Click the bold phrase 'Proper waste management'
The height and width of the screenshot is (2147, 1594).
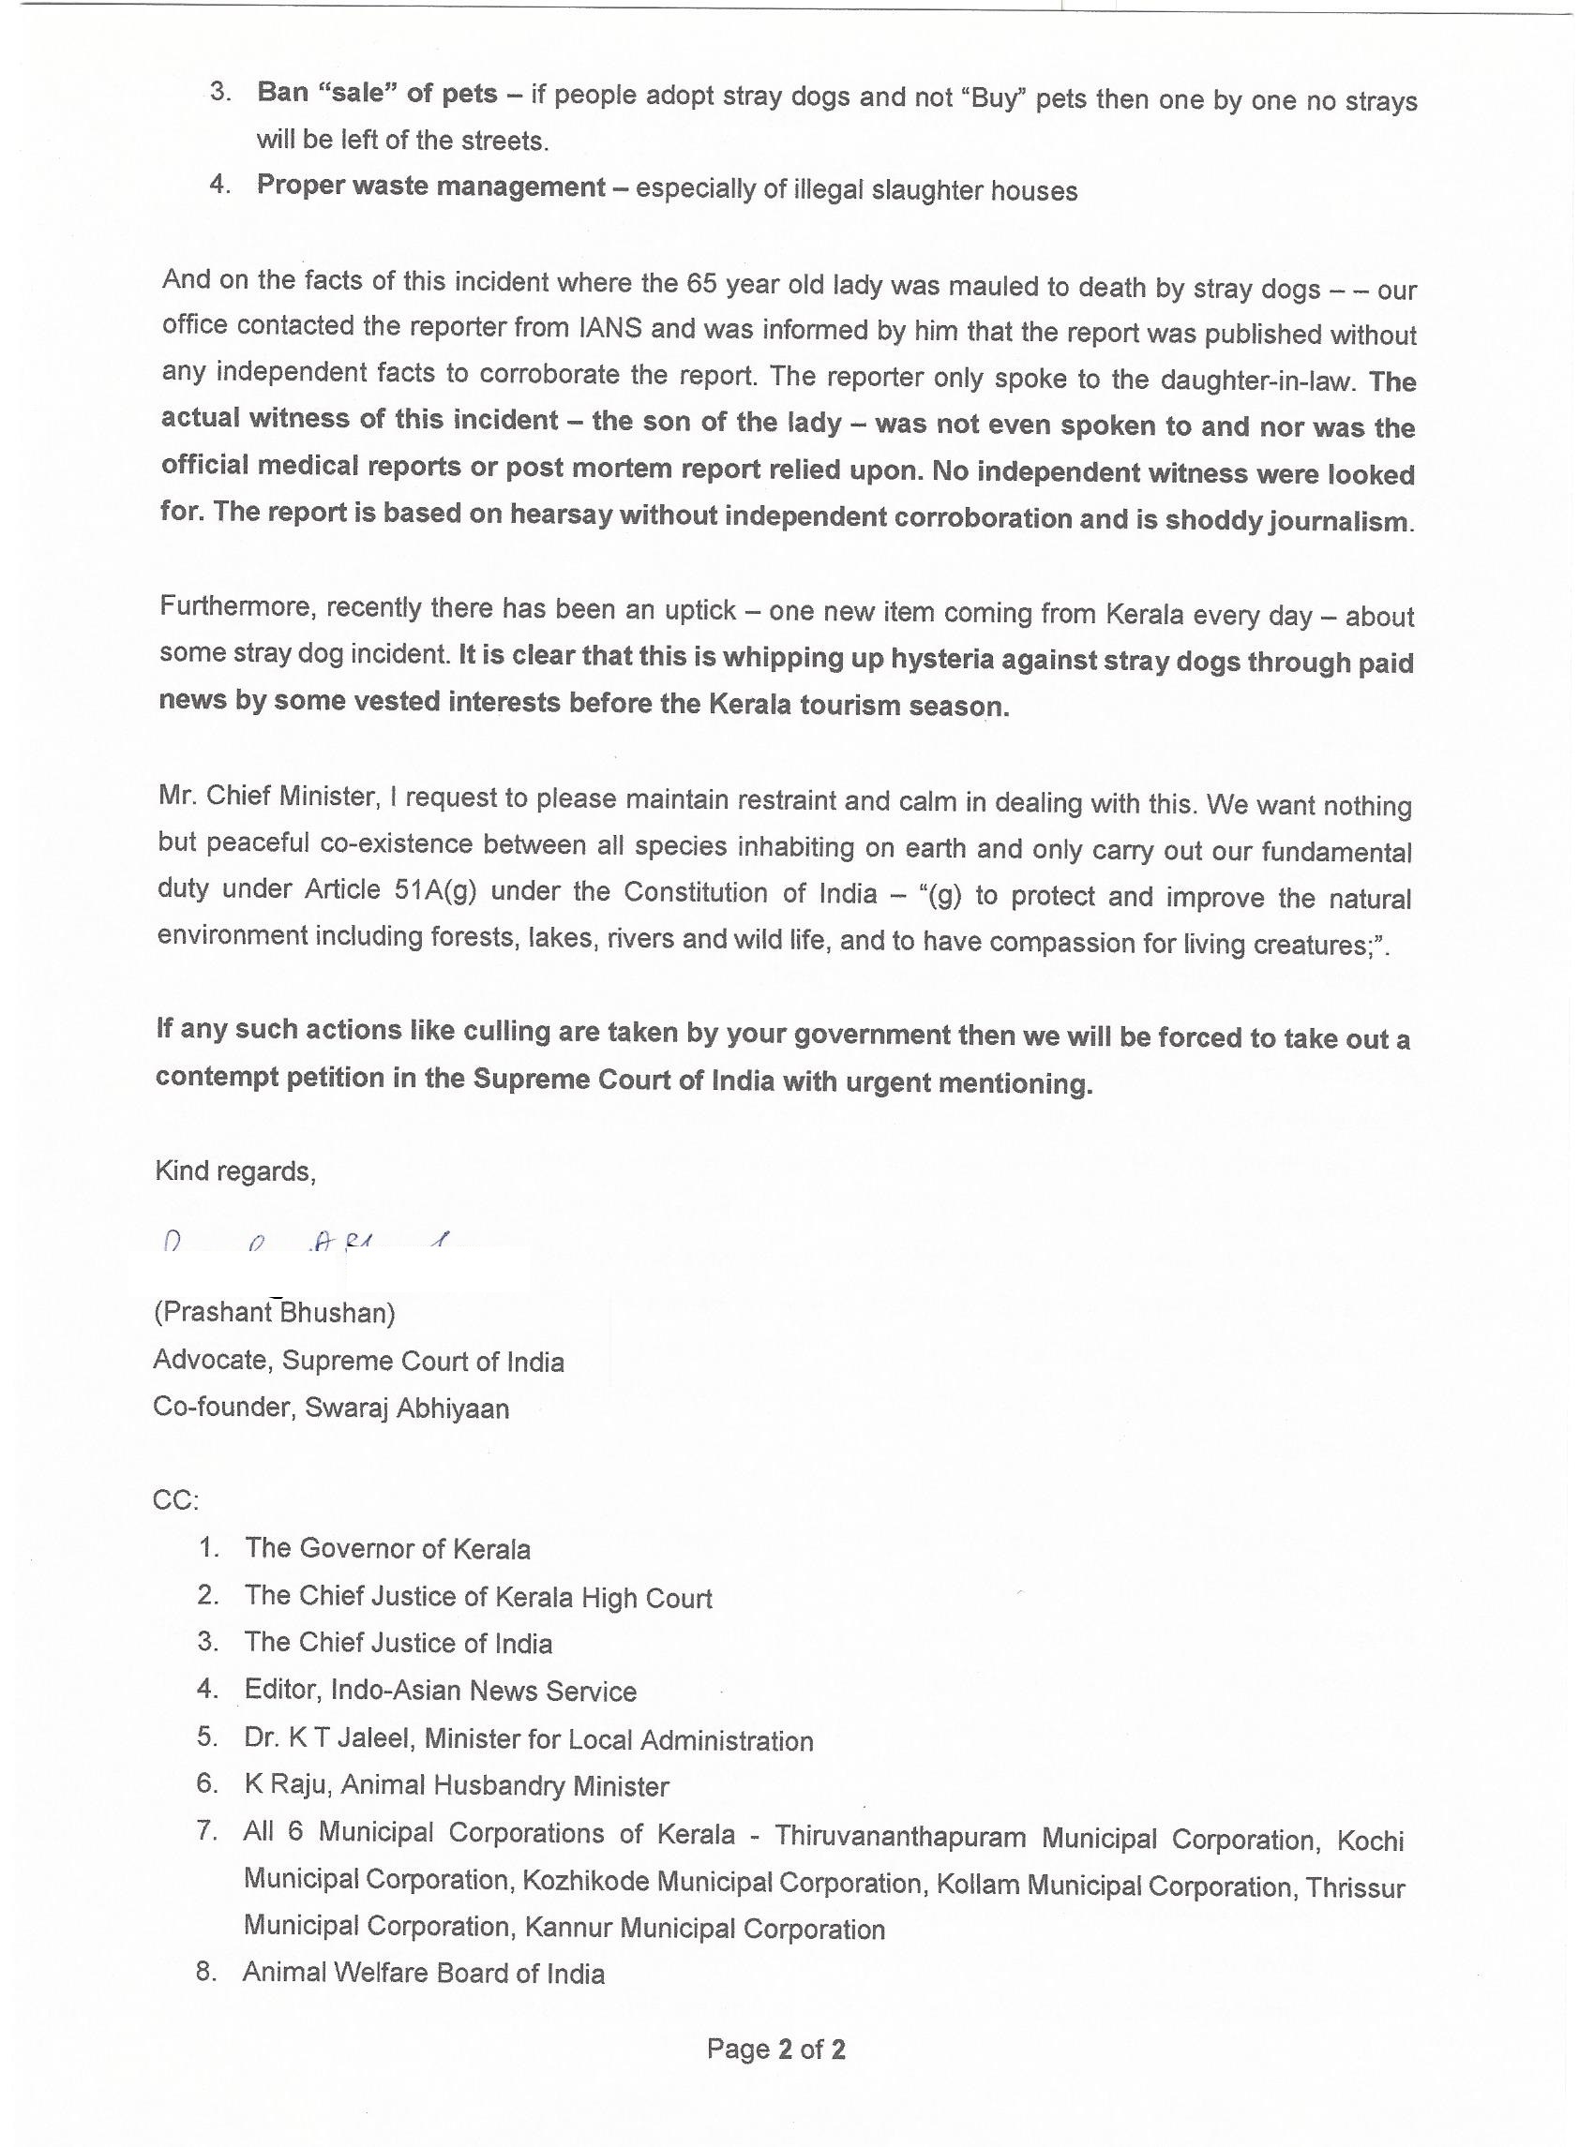click(430, 186)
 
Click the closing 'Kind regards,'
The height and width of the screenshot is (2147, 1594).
click(234, 1170)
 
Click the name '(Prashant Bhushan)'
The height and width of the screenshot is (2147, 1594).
click(274, 1313)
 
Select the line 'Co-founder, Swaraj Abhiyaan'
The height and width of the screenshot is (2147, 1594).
click(331, 1409)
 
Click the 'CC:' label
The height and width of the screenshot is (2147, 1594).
click(175, 1500)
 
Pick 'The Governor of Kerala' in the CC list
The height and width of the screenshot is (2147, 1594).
click(387, 1549)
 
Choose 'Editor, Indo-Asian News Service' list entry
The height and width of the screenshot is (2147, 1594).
click(440, 1691)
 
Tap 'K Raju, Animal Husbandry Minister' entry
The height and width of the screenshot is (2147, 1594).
click(456, 1785)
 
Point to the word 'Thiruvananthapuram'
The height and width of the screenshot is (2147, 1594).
click(899, 1835)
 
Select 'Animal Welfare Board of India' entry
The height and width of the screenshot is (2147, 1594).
click(423, 1973)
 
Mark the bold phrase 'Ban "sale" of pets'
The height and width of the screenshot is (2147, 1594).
click(376, 94)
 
